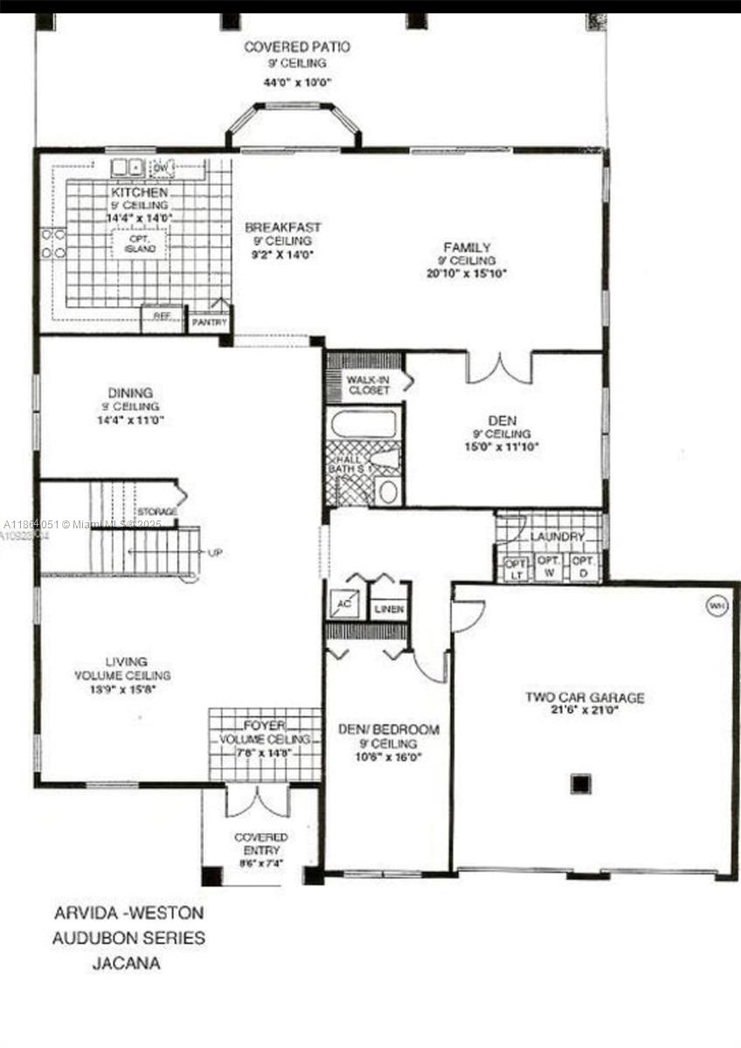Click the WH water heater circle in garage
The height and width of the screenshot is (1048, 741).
tap(715, 604)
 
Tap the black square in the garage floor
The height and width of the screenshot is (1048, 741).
tap(581, 783)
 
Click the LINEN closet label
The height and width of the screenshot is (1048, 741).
tap(389, 609)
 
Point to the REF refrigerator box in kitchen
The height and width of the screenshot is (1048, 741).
tap(163, 316)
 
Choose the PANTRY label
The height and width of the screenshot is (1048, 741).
tap(209, 322)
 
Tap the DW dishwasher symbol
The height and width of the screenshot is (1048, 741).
tap(163, 167)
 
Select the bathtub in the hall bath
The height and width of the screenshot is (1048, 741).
tap(364, 424)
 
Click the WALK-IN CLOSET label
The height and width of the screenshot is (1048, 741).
tap(369, 384)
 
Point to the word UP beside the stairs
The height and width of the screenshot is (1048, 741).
tap(215, 553)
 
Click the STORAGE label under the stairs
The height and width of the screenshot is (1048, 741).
tap(156, 511)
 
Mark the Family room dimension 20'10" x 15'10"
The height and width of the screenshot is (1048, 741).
tap(467, 273)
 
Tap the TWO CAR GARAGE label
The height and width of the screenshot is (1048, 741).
tap(585, 698)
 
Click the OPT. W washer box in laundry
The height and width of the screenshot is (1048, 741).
tap(548, 567)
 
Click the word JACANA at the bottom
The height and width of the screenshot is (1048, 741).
tap(127, 964)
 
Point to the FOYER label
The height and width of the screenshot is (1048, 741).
tap(263, 724)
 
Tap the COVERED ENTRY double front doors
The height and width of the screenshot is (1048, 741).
tap(257, 802)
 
